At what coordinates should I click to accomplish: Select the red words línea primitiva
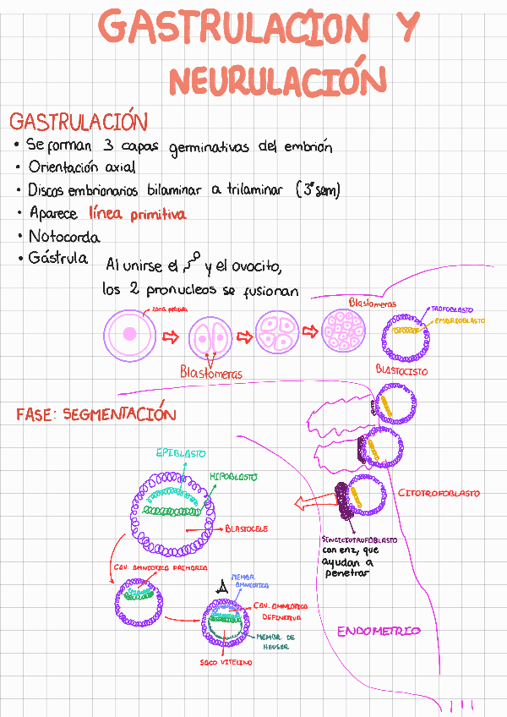pyautogui.click(x=137, y=215)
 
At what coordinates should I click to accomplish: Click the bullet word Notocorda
pyautogui.click(x=64, y=237)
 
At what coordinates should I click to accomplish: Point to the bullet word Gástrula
pyautogui.click(x=58, y=258)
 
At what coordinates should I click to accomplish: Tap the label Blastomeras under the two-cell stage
pyautogui.click(x=210, y=373)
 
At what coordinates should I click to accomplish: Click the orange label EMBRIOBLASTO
pyautogui.click(x=460, y=321)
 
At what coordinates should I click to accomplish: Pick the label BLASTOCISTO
pyautogui.click(x=401, y=370)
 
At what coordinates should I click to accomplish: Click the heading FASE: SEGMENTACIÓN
pyautogui.click(x=95, y=414)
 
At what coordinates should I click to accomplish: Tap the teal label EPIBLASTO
pyautogui.click(x=181, y=453)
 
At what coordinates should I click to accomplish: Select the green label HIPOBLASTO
pyautogui.click(x=233, y=477)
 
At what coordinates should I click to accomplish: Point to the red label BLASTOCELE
pyautogui.click(x=247, y=528)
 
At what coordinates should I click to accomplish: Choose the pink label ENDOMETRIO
pyautogui.click(x=379, y=632)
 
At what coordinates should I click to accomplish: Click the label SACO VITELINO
pyautogui.click(x=226, y=663)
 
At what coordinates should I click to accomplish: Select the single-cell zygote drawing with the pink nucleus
pyautogui.click(x=128, y=333)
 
